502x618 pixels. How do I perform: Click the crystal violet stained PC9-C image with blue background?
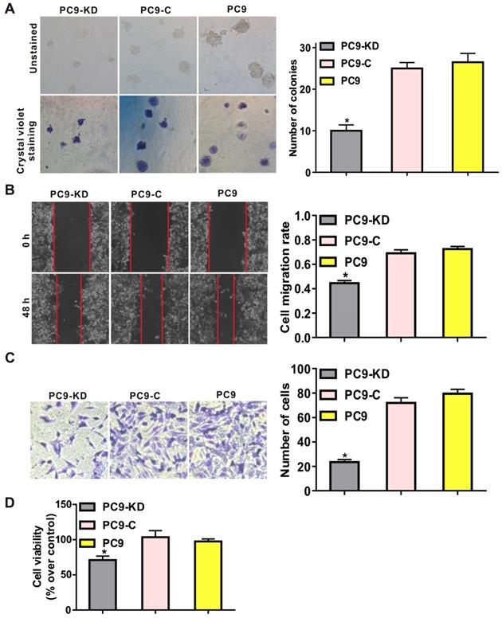(156, 134)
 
